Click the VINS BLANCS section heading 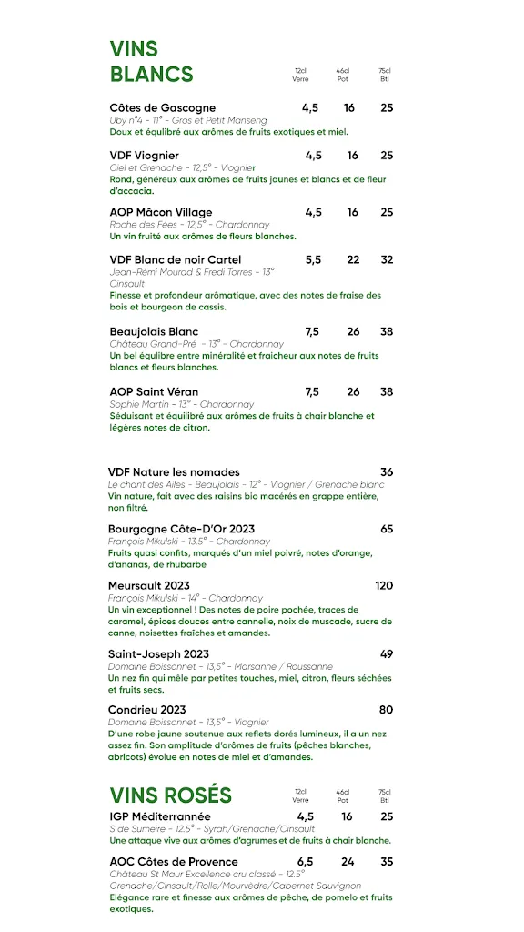[x=151, y=61]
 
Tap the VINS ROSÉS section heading [x=171, y=795]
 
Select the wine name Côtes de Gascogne [x=163, y=108]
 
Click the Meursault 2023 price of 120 [x=384, y=585]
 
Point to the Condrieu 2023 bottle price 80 [x=387, y=710]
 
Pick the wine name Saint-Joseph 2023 [x=158, y=653]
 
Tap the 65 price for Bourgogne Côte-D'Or [x=387, y=529]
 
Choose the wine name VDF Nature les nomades [x=174, y=471]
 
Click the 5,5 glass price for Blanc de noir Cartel [x=314, y=259]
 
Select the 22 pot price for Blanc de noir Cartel [x=353, y=259]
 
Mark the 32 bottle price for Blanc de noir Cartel [x=388, y=259]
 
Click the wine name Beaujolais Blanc [x=154, y=331]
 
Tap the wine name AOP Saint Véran [x=154, y=392]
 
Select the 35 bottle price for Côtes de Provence [x=388, y=861]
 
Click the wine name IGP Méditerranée [x=160, y=816]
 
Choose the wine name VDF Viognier [x=144, y=156]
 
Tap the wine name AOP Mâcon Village [x=161, y=212]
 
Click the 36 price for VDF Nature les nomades [x=387, y=471]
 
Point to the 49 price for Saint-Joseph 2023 [x=387, y=653]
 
